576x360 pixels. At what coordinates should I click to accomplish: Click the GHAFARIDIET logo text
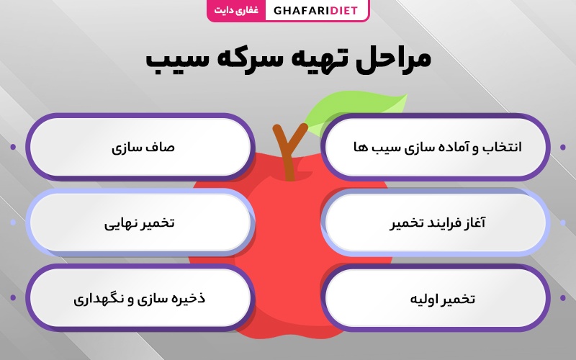(315, 10)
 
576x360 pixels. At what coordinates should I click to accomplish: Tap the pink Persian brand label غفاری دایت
(236, 10)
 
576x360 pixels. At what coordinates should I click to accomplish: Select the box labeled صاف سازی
(140, 147)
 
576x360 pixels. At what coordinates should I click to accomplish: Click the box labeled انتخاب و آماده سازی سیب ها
(436, 147)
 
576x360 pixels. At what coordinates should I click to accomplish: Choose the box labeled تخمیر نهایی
(140, 222)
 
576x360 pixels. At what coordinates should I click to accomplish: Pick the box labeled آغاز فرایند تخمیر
(436, 222)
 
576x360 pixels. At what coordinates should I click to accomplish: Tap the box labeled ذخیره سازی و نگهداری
(140, 297)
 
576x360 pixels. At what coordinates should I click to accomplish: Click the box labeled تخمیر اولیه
(436, 298)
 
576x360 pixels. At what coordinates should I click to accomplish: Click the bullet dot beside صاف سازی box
(13, 147)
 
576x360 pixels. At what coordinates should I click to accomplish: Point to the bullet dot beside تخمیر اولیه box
(563, 298)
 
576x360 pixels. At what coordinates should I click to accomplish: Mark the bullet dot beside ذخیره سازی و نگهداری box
(13, 297)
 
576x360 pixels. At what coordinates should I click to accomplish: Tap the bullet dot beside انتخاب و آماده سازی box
(563, 147)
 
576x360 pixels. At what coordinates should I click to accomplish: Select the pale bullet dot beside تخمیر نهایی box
(13, 222)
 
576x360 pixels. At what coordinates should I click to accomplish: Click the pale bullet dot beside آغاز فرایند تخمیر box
(563, 222)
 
